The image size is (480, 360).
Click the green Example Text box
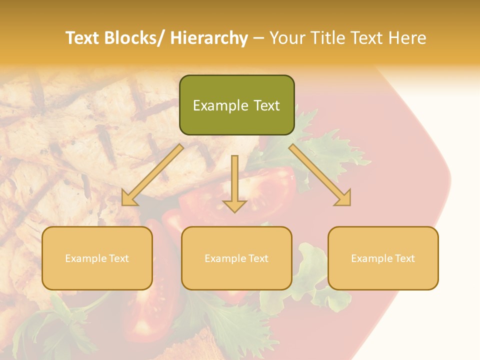[x=236, y=105]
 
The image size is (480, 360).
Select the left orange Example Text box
[x=97, y=258]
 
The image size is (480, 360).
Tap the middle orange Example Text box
[x=236, y=258]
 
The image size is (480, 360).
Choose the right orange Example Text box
[x=383, y=258]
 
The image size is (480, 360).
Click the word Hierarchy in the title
[x=208, y=38]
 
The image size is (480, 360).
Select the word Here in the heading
[x=407, y=38]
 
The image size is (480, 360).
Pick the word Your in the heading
[x=286, y=38]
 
